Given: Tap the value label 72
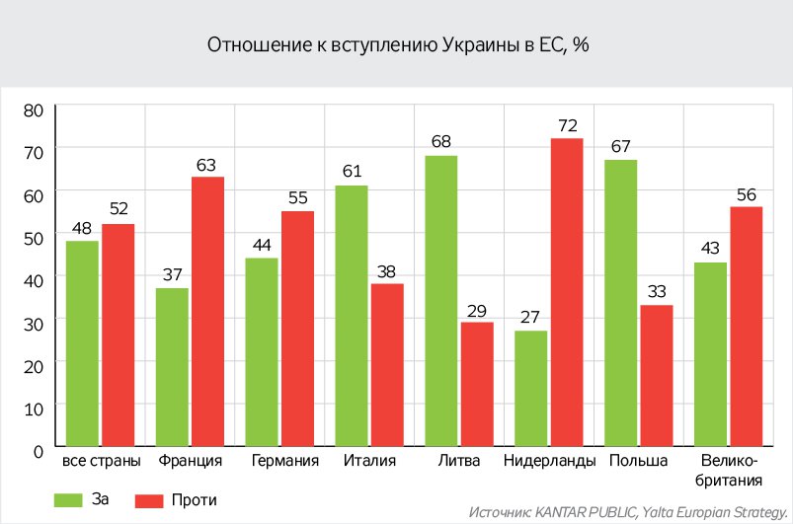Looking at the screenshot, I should (x=567, y=125).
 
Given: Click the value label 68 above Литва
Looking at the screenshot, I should (x=440, y=142).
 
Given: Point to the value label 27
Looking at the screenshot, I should (x=531, y=317).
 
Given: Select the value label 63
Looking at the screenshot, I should (x=207, y=164).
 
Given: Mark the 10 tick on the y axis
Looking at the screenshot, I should (x=34, y=407).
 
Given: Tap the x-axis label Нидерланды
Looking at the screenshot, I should (x=549, y=462).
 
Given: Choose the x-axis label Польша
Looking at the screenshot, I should (x=639, y=462).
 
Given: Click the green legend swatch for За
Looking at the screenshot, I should (x=73, y=499).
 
